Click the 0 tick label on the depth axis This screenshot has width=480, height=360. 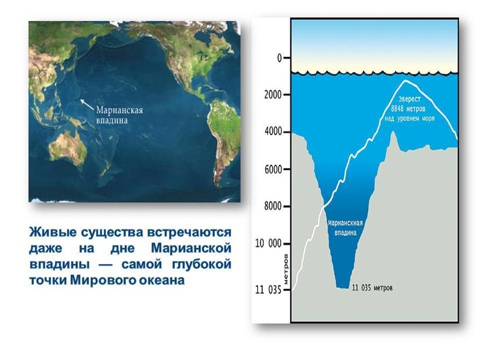279,58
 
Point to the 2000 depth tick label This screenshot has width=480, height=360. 273,95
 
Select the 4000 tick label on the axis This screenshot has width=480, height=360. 273,132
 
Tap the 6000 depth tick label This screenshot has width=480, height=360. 273,169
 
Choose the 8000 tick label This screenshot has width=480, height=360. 273,206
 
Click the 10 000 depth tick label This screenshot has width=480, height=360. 269,244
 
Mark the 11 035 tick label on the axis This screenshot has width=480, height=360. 269,290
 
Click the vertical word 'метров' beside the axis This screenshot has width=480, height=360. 286,269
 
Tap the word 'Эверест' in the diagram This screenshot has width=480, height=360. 410,100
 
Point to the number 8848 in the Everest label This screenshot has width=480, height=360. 397,109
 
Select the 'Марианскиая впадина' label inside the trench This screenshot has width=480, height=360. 345,228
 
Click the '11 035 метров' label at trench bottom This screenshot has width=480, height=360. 372,288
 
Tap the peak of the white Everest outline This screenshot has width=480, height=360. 406,81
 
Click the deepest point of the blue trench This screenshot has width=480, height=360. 342,288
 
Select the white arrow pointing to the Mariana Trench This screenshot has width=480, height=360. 87,104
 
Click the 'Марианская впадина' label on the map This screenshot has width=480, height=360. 119,115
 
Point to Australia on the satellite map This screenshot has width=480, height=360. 68,147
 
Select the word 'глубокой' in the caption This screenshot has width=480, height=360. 201,265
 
